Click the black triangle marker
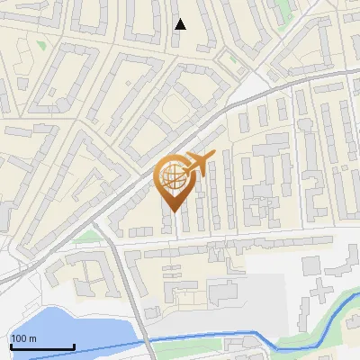181,24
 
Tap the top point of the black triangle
181,19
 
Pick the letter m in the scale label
33,338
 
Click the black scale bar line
41,346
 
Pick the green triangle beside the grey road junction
87,236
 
